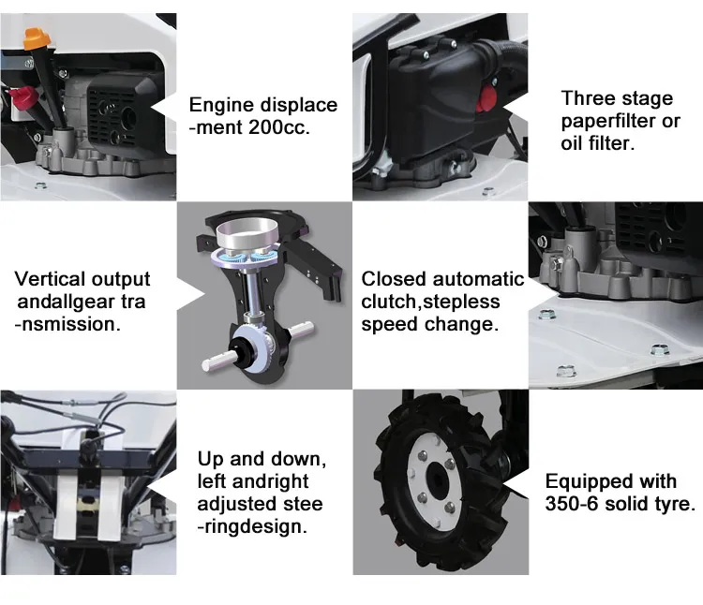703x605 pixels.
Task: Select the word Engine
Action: tap(219, 105)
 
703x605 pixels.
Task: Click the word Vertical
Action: tap(49, 279)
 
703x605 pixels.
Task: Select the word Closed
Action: tap(393, 279)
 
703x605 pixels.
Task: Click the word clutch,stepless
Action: tap(430, 302)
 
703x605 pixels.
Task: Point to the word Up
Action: tap(210, 460)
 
